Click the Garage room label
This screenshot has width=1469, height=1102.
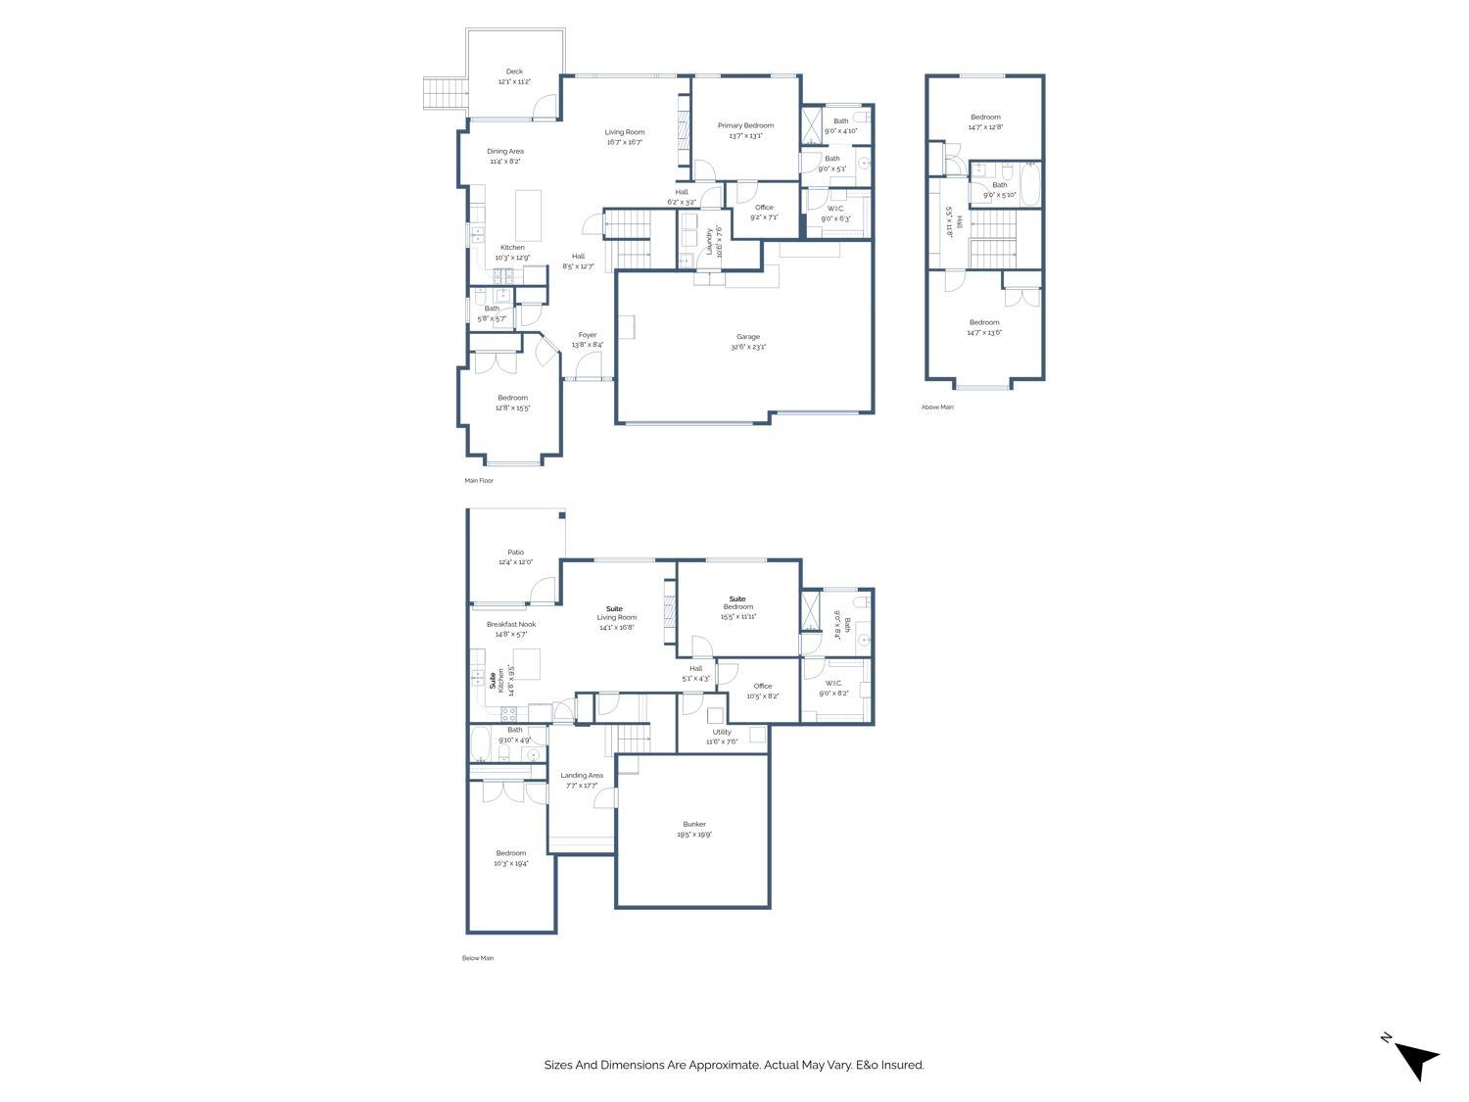click(x=748, y=337)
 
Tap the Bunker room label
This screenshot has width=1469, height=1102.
click(x=693, y=825)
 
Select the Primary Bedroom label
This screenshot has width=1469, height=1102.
click(x=745, y=125)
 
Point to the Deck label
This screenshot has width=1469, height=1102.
click(x=514, y=72)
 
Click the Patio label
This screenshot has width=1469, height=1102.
click(x=515, y=552)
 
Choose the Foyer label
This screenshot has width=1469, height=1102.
click(x=587, y=335)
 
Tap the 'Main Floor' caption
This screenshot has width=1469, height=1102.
click(x=479, y=481)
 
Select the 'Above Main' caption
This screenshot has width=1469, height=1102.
click(x=937, y=407)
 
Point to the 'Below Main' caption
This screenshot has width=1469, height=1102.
click(x=478, y=958)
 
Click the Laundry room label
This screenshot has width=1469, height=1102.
click(x=710, y=239)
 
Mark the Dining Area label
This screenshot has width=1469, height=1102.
click(x=505, y=152)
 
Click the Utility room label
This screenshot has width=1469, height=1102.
click(x=722, y=732)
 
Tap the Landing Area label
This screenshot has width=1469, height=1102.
click(x=582, y=776)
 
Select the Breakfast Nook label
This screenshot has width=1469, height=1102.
click(x=511, y=624)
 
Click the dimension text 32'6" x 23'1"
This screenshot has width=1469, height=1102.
click(x=748, y=347)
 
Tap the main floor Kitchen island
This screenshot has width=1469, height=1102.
click(x=528, y=209)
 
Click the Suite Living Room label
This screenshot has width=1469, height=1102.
click(x=617, y=617)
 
